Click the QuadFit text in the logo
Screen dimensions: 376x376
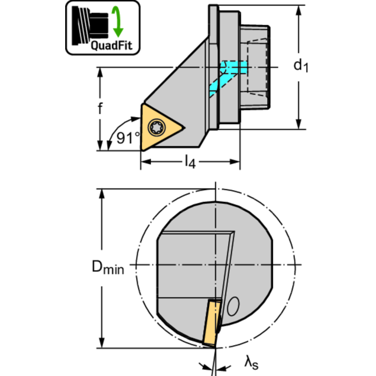pyautogui.click(x=111, y=45)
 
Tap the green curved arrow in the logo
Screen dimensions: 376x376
pyautogui.click(x=118, y=22)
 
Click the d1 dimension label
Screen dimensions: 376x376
pyautogui.click(x=301, y=66)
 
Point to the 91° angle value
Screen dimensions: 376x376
pyautogui.click(x=128, y=138)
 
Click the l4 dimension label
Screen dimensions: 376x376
pyautogui.click(x=190, y=162)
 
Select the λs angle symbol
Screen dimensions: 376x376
pyautogui.click(x=251, y=363)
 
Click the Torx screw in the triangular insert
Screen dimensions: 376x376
pyautogui.click(x=157, y=127)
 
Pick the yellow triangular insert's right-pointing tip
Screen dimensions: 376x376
pyautogui.click(x=185, y=128)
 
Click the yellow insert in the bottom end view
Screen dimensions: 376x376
pyautogui.click(x=212, y=323)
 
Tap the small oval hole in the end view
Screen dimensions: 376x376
pyautogui.click(x=233, y=306)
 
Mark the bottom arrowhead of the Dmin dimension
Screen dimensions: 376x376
pyautogui.click(x=101, y=343)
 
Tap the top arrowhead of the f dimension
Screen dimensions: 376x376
pyautogui.click(x=100, y=73)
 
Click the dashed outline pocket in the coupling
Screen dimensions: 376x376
pyautogui.click(x=257, y=67)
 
